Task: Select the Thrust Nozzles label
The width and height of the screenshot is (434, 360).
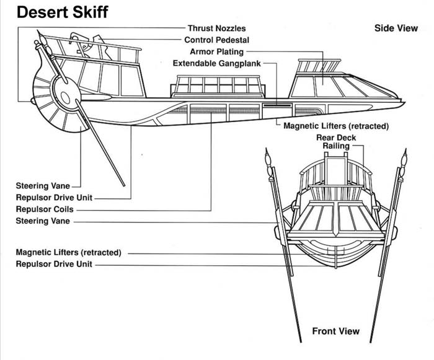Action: [216, 29]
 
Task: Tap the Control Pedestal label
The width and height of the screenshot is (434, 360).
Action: [217, 40]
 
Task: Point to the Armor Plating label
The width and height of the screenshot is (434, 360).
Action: [216, 52]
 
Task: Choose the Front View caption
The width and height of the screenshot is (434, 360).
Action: [335, 331]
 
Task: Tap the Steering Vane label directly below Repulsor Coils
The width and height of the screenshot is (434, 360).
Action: [43, 221]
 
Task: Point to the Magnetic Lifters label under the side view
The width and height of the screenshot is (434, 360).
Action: [335, 126]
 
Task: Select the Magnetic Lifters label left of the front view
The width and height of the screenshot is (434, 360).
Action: [68, 253]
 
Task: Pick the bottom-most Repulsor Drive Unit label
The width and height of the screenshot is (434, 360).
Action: [55, 265]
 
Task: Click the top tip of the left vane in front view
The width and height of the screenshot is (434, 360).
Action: [266, 151]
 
